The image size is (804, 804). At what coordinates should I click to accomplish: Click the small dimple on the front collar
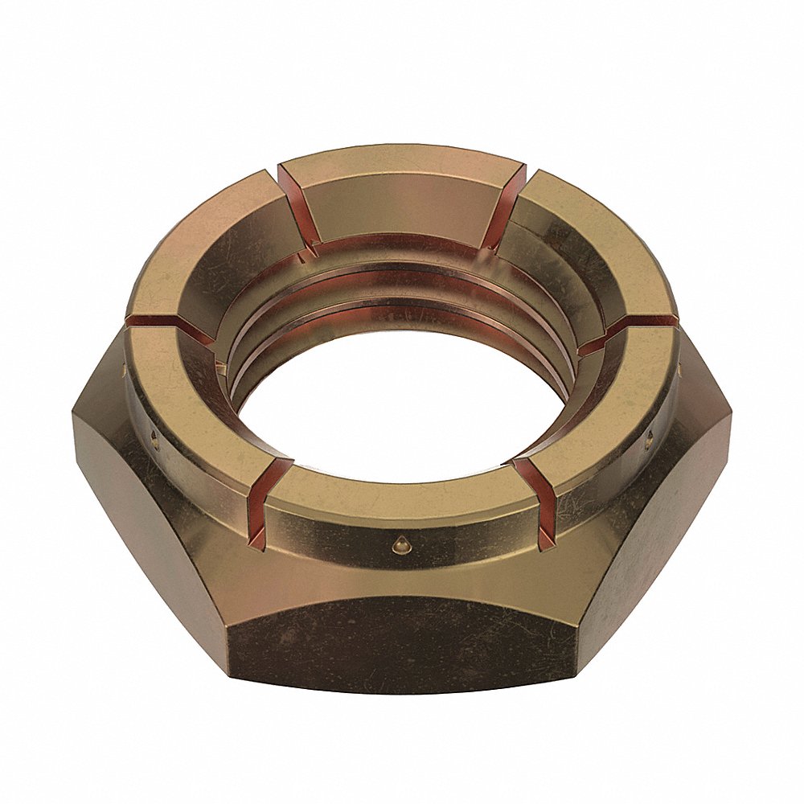click(x=397, y=545)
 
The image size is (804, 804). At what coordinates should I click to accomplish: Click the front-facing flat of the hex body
click(x=402, y=643)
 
